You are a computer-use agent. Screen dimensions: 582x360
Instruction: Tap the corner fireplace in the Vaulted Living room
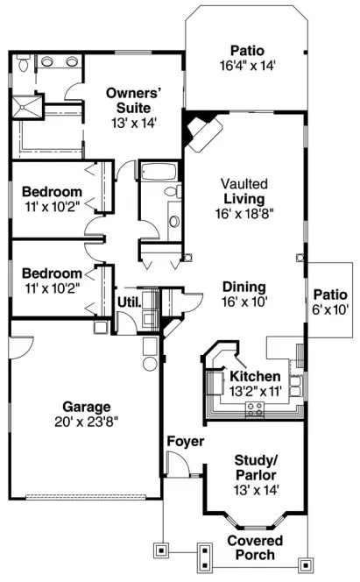point(201,131)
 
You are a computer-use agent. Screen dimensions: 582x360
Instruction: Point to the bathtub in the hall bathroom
point(158,170)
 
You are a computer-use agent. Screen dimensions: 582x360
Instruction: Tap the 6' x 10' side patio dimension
point(329,309)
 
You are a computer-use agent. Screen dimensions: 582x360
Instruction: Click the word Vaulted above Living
point(244,184)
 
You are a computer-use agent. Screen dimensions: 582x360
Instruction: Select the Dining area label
point(244,286)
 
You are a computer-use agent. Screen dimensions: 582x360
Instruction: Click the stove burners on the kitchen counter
point(255,408)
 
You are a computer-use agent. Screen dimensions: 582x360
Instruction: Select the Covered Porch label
point(256,548)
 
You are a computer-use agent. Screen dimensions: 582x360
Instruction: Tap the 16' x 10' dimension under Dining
point(244,301)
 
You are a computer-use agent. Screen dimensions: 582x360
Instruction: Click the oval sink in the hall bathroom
point(173,222)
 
